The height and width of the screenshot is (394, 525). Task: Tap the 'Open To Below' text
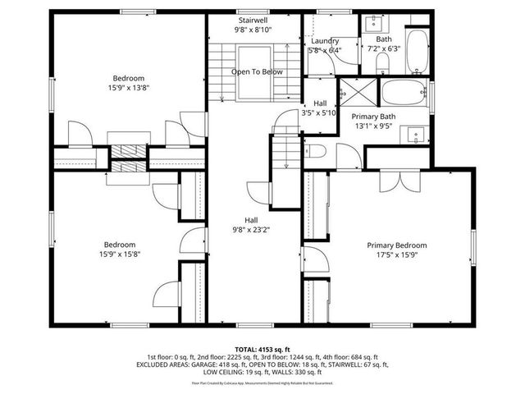coord(257,72)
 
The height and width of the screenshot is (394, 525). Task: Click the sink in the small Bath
coord(369,23)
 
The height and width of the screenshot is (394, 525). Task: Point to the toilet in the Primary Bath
coord(318,150)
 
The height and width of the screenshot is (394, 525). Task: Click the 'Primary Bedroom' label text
coord(396,245)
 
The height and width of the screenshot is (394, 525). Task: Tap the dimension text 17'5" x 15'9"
coord(396,254)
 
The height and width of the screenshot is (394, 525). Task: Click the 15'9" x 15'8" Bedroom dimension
coord(119,254)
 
